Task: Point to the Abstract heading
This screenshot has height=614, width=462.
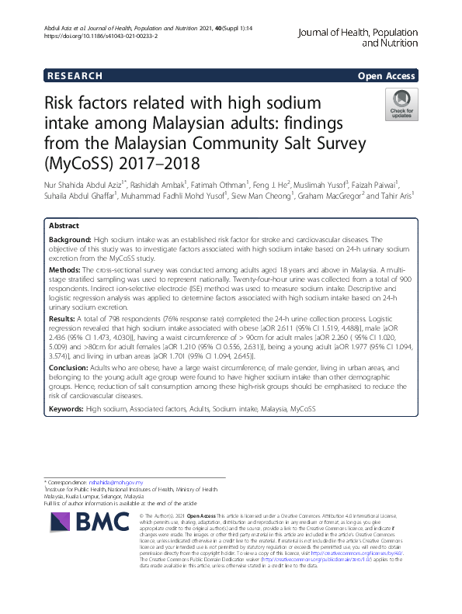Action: click(64, 224)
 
